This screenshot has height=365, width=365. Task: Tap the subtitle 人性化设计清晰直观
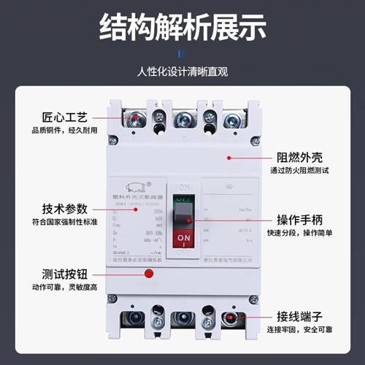[182, 72]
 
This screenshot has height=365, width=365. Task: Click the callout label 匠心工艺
[55, 117]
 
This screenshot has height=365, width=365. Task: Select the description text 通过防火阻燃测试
[306, 172]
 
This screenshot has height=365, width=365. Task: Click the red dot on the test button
[148, 274]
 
